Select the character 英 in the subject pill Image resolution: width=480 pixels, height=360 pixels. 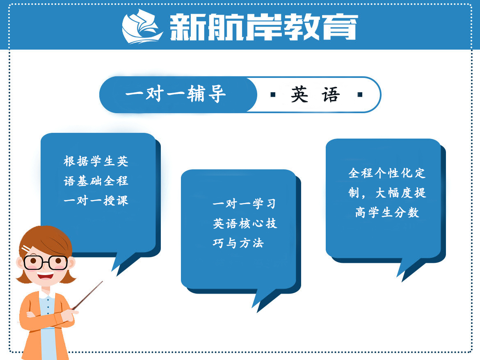click(299, 95)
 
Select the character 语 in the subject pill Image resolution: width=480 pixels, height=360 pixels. click(331, 95)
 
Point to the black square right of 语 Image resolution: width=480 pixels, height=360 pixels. click(360, 95)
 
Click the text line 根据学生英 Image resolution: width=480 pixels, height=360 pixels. click(96, 161)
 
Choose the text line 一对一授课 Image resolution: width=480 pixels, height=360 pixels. click(96, 201)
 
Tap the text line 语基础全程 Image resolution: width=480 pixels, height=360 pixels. click(96, 181)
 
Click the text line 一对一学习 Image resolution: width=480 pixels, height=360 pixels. click(244, 204)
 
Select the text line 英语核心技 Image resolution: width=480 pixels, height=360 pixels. click(245, 223)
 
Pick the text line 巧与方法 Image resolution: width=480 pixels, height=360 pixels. click(238, 243)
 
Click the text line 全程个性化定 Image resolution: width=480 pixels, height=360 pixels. click(387, 173)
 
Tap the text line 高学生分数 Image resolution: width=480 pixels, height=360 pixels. click(387, 212)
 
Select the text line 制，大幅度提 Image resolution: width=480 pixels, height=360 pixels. click(387, 193)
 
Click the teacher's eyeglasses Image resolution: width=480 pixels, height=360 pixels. click(45, 262)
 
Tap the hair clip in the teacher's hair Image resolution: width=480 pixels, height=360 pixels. click(26, 249)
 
